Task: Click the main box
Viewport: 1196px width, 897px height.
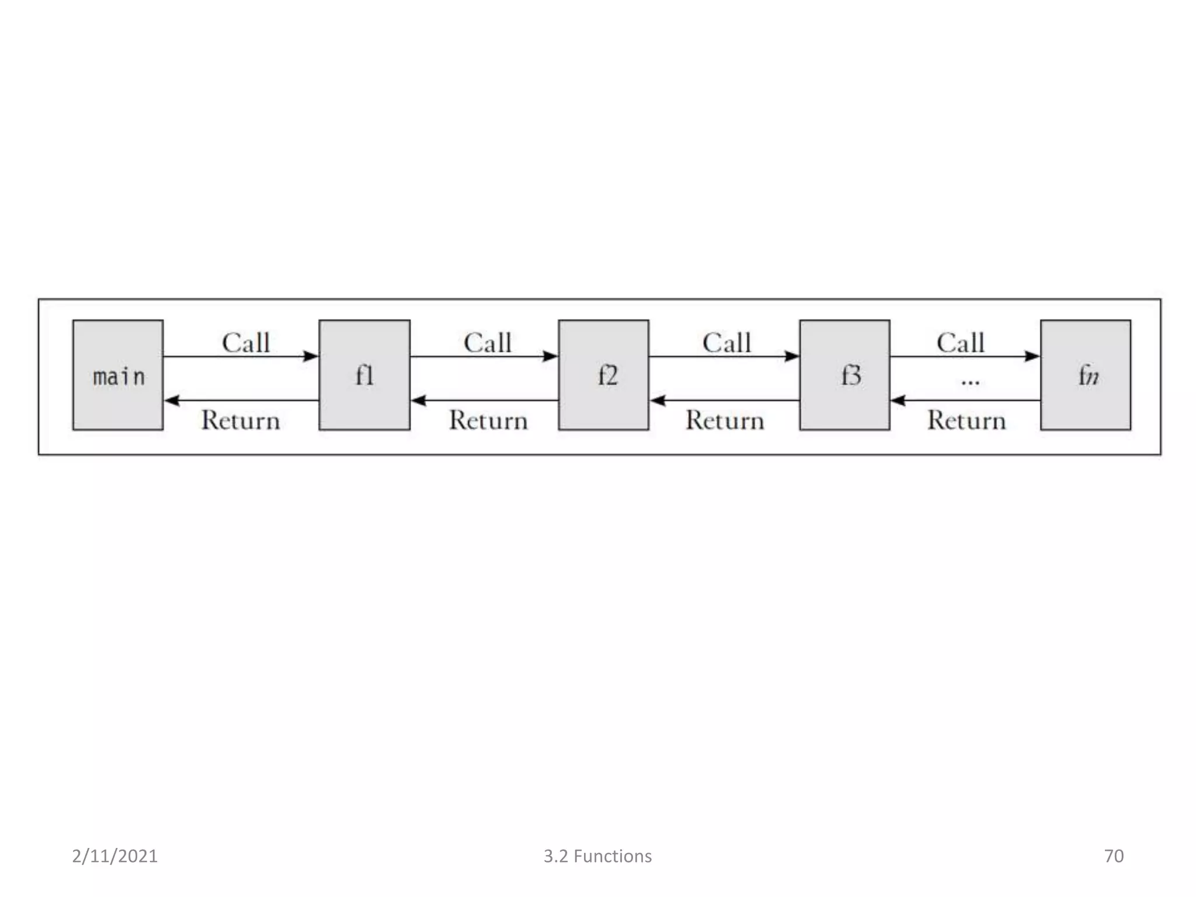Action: point(118,375)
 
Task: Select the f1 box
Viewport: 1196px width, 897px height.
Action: point(364,375)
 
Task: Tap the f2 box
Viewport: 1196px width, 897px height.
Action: point(603,375)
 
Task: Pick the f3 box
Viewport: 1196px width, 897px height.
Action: point(844,375)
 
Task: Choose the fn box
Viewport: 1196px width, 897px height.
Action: point(1086,375)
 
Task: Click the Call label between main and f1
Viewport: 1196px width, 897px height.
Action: point(246,343)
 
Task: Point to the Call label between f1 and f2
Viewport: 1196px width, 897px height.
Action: point(488,343)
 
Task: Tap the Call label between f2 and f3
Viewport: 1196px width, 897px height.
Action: point(726,343)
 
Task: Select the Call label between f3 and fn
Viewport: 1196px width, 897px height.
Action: point(961,343)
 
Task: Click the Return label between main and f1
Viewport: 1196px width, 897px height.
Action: point(241,420)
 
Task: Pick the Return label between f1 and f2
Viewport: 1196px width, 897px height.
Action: point(488,420)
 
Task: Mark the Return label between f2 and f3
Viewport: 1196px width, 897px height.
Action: point(725,420)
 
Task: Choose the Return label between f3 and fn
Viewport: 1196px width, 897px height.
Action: point(966,420)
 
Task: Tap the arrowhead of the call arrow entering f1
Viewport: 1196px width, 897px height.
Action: point(311,356)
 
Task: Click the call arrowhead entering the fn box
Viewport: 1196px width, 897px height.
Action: point(1032,356)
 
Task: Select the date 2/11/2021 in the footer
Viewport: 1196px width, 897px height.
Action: point(115,856)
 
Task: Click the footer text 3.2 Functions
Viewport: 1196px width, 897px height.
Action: point(597,856)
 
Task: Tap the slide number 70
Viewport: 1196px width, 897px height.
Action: point(1114,856)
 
